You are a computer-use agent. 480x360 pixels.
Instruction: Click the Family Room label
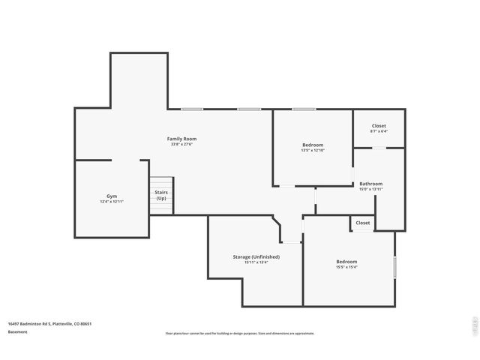tap(181, 139)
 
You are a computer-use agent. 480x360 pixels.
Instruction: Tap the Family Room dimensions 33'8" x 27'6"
tap(181, 145)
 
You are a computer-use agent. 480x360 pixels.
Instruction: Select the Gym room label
tap(112, 196)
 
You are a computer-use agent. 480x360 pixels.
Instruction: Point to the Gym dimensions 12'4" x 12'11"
tap(112, 202)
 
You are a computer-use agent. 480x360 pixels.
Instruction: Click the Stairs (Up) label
tap(161, 195)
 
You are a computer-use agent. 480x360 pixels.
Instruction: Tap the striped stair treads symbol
tap(161, 184)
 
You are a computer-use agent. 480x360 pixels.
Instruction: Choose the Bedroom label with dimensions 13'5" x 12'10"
tap(313, 145)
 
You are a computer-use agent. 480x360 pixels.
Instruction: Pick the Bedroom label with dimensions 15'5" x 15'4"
tap(346, 262)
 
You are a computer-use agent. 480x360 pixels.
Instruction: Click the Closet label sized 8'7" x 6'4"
tap(379, 126)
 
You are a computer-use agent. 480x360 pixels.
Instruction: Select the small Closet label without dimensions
tap(363, 223)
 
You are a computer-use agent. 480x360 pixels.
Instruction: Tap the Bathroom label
tap(370, 184)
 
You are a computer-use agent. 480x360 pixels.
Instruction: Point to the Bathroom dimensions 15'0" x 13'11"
tap(370, 190)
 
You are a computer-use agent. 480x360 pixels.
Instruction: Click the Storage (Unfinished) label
tap(256, 256)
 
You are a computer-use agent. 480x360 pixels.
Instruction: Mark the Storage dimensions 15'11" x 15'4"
tap(256, 262)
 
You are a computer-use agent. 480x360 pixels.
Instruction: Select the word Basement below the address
tap(17, 331)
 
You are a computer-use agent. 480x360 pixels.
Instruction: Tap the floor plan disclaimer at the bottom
tap(240, 333)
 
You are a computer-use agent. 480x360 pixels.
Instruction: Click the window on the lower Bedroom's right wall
tap(394, 268)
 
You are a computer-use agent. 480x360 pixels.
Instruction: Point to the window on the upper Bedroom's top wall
tap(304, 109)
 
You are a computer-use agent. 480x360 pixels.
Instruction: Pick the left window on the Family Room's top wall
tap(192, 109)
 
